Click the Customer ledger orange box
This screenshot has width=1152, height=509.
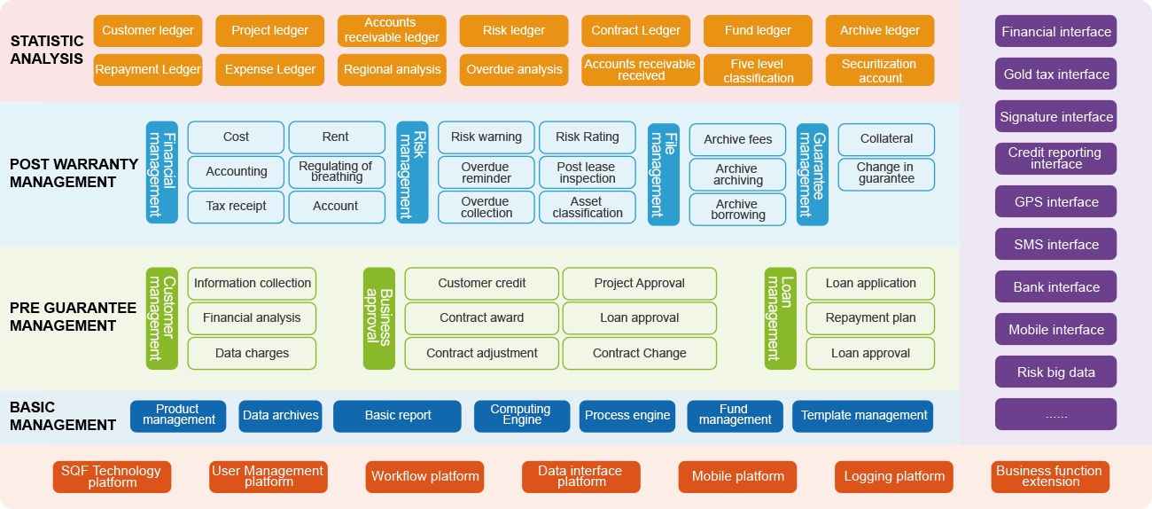[x=147, y=31]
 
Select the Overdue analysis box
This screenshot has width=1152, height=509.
[x=514, y=70]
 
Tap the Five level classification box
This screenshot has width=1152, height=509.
[x=758, y=71]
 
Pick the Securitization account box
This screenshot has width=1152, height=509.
[x=879, y=71]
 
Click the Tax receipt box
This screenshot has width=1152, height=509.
[x=236, y=207]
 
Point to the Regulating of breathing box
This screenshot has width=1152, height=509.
[x=336, y=172]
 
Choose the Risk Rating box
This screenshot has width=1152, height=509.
[x=587, y=137]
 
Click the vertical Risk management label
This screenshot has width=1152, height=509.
[x=412, y=172]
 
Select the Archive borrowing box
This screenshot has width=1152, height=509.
[x=736, y=209]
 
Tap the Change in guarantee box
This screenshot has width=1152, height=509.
[x=886, y=173]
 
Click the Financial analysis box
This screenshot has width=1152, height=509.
[x=252, y=318]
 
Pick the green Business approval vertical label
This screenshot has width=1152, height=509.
[x=378, y=318]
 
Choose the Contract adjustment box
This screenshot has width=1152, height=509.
[x=481, y=353]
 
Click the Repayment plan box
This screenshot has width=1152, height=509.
[x=870, y=318]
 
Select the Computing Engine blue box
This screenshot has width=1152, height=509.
[x=521, y=416]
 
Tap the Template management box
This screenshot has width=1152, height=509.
[x=863, y=416]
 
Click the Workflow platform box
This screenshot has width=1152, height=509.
[x=424, y=477]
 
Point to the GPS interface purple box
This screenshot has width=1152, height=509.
[x=1055, y=202]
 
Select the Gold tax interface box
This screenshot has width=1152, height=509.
[x=1055, y=74]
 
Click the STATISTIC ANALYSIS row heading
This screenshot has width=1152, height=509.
[x=47, y=51]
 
